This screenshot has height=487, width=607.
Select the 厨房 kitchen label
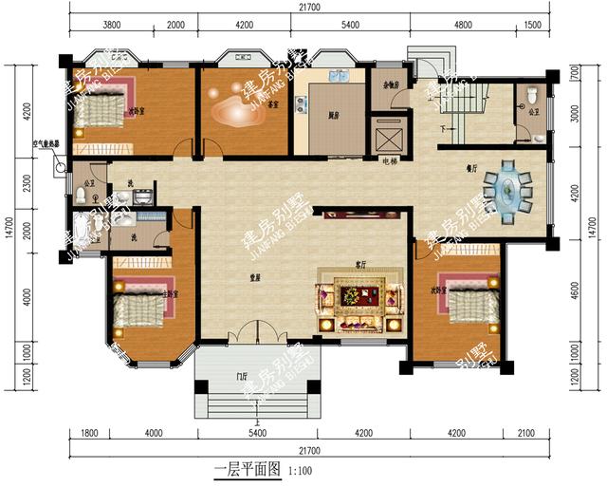click(x=334, y=114)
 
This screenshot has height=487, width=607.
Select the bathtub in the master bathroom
click(x=82, y=230)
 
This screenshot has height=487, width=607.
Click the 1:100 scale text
click(x=299, y=470)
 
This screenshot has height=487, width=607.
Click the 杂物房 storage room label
click(x=388, y=85)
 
